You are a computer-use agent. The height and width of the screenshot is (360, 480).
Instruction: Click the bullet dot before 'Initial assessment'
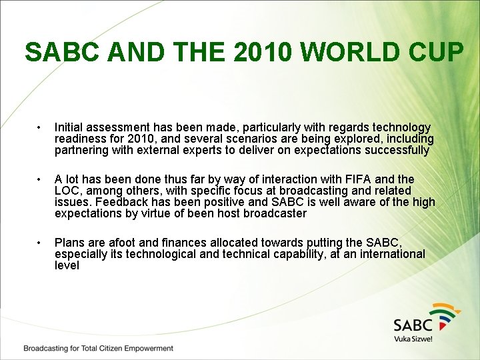click(41, 127)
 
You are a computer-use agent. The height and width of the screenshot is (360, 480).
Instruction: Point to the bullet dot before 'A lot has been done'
click(41, 179)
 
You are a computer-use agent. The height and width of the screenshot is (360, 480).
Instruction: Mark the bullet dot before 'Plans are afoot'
click(41, 243)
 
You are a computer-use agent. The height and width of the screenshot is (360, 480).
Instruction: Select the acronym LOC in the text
click(67, 191)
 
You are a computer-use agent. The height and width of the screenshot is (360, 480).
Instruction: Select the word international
click(387, 254)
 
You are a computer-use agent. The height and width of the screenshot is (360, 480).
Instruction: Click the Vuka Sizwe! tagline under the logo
click(413, 339)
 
